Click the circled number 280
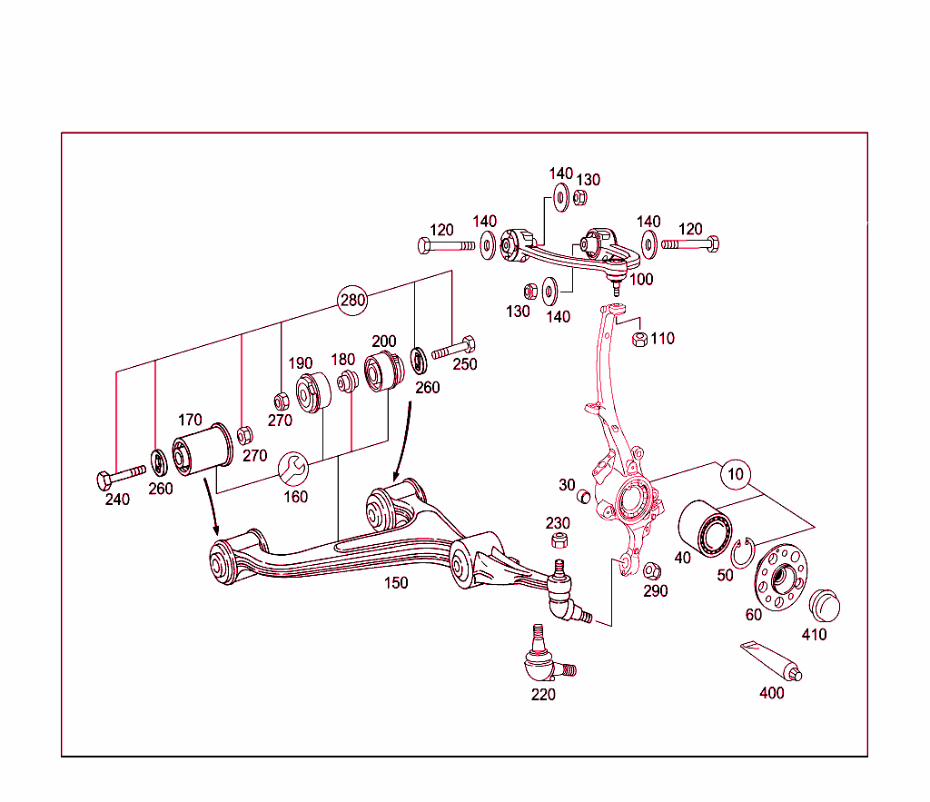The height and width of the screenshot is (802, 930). [352, 301]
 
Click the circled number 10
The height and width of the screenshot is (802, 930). [735, 473]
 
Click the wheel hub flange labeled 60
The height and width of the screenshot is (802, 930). [781, 578]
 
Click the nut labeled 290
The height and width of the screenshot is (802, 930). [651, 570]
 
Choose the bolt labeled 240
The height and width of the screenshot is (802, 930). [118, 475]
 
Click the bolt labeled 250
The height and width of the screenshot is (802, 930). [454, 348]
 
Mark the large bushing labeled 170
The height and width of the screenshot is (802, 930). [202, 451]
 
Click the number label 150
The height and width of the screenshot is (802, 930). [396, 583]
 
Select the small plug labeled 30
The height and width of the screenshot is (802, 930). [584, 497]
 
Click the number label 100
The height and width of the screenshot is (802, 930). [641, 280]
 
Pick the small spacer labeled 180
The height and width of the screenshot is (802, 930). [346, 382]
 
